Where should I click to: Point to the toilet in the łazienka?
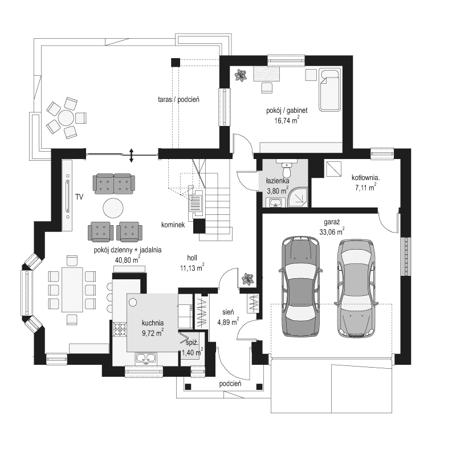click(287, 169)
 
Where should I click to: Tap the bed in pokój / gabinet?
click(330, 90)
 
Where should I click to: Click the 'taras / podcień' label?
click(178, 99)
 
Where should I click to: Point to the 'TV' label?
click(79, 197)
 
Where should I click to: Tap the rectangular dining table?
click(71, 289)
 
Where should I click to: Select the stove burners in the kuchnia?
click(120, 328)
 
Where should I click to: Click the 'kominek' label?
click(173, 225)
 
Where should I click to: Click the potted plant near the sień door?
click(247, 279)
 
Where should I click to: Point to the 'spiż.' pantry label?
click(192, 344)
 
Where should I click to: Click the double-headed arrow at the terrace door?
click(132, 153)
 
